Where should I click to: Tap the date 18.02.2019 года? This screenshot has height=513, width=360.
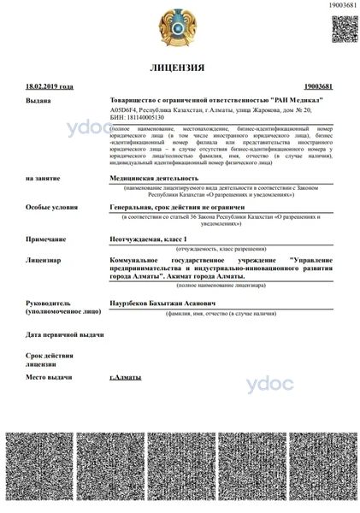pyautogui.click(x=50, y=86)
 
